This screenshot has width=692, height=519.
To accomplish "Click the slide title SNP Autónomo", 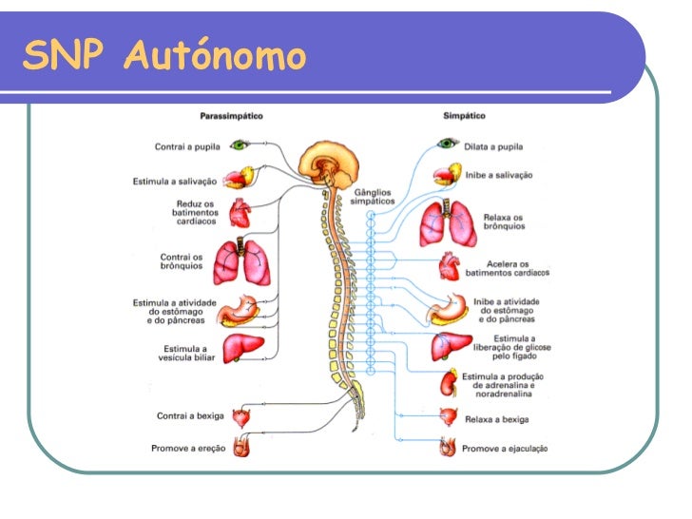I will pyautogui.click(x=164, y=56).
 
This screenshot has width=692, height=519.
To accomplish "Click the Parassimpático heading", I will pyautogui.click(x=231, y=116).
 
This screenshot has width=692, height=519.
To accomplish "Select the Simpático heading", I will pyautogui.click(x=464, y=116).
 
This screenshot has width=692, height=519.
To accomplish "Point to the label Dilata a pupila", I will pyautogui.click(x=493, y=146).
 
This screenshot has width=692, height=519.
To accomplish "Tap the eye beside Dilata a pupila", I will pyautogui.click(x=446, y=144).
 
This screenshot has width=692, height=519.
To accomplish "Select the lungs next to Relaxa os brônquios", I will pyautogui.click(x=448, y=224).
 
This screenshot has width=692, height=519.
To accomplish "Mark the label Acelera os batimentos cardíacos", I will pyautogui.click(x=507, y=268).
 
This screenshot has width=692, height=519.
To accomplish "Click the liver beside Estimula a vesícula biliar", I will pyautogui.click(x=243, y=349).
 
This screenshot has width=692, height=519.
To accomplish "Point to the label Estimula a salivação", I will pyautogui.click(x=175, y=181).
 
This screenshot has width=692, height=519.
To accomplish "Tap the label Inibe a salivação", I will pyautogui.click(x=499, y=176).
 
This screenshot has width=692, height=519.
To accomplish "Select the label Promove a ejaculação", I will pyautogui.click(x=505, y=448).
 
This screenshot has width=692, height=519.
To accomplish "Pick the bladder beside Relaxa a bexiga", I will pyautogui.click(x=448, y=416).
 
